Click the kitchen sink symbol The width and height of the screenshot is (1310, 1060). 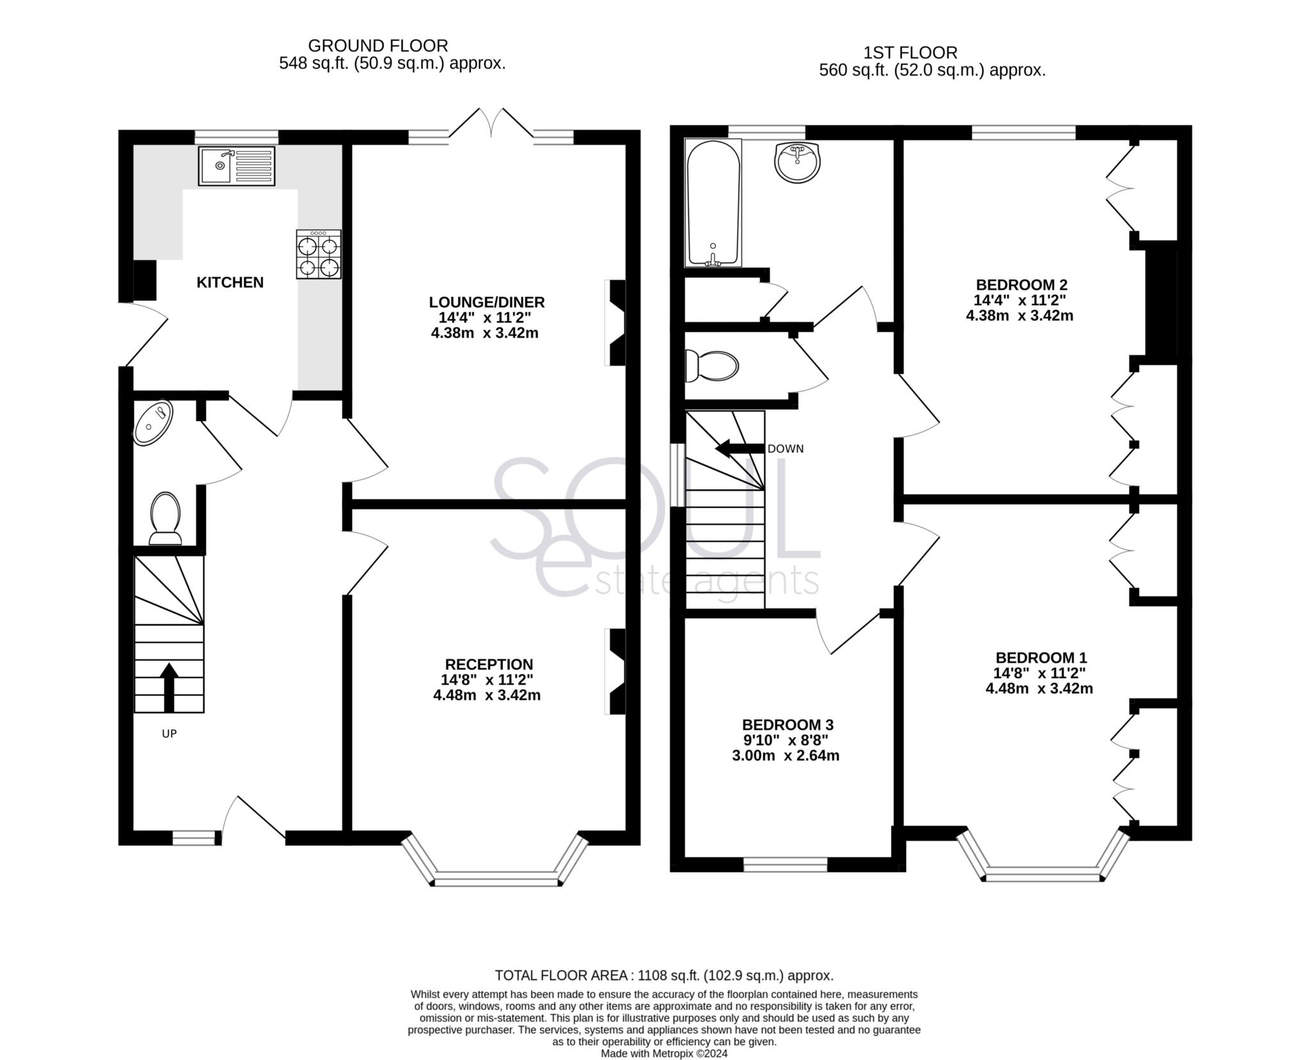coord(236,166)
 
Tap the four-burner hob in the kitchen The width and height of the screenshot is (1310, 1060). coord(318,255)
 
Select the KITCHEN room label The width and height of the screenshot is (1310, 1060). coord(230,282)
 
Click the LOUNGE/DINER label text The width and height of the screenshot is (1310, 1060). coord(486,302)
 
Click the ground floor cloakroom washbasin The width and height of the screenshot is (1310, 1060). coord(153,422)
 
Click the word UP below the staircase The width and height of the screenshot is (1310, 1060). coord(169,734)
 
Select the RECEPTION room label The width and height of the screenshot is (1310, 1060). coord(489,664)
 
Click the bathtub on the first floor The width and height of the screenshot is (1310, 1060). coord(713,203)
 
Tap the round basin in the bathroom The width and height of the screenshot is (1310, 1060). coord(797,161)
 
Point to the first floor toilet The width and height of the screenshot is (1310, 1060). coord(711,366)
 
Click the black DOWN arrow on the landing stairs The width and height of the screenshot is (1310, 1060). coord(739,448)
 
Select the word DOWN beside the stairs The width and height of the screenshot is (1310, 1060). coord(785,449)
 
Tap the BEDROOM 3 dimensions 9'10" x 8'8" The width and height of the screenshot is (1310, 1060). coord(785,740)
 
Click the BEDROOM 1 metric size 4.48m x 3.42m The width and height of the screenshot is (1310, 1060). coord(1039,688)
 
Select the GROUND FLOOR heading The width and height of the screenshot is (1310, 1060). coord(377,45)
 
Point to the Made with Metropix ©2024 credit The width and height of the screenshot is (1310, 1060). coord(664,1054)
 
